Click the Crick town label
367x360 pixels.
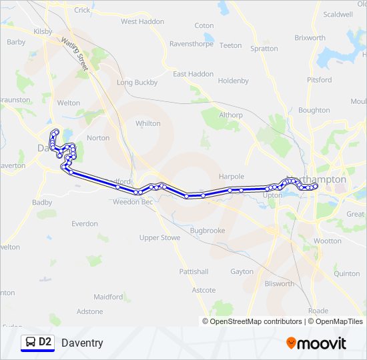tap(83, 10)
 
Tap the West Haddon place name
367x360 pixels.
tap(142, 21)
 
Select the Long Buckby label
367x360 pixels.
tap(137, 83)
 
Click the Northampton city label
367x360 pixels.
tap(318, 179)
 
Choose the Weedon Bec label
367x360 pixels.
tap(133, 201)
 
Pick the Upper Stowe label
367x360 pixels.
tap(159, 237)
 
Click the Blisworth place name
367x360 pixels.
tap(279, 283)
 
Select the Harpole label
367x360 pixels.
tap(232, 177)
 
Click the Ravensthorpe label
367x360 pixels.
tap(191, 44)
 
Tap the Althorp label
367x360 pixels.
tap(231, 115)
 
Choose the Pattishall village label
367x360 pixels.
tap(194, 271)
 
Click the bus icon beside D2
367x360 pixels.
tap(30, 342)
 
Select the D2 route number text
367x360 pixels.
tap(45, 342)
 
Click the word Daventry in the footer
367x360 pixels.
tap(82, 343)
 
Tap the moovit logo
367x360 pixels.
tap(316, 343)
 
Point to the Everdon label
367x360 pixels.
tap(85, 224)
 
